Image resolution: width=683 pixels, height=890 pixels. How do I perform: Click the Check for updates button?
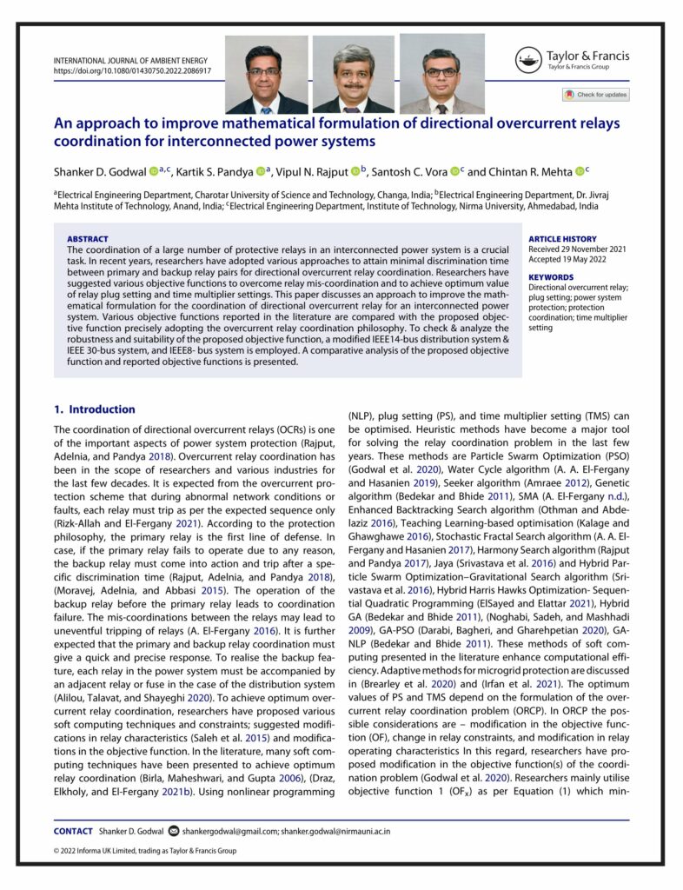(595, 95)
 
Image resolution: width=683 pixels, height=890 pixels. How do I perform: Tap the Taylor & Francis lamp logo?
(527, 61)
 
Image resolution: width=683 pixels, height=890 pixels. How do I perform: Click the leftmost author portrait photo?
(266, 75)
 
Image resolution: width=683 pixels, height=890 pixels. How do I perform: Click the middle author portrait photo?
(353, 75)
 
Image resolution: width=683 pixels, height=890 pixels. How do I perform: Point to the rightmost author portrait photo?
(441, 75)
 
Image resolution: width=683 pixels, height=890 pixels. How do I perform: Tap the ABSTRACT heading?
(88, 239)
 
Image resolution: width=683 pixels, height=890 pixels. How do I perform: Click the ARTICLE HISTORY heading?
(562, 239)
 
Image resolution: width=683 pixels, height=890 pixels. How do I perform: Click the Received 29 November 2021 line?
(575, 249)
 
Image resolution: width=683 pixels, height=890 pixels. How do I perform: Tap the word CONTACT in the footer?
(73, 831)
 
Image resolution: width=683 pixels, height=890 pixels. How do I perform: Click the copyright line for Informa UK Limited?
(144, 851)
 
